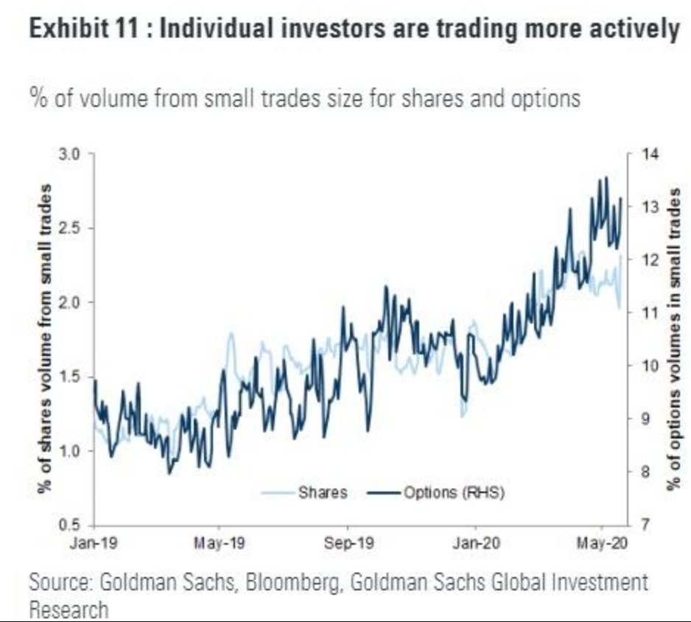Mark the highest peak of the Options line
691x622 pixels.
click(606, 178)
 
